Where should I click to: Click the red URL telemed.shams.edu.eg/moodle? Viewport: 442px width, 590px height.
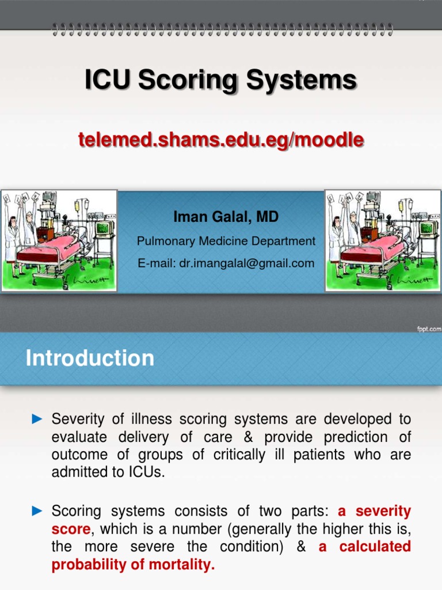[x=221, y=139]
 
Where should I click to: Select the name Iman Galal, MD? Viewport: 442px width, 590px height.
[x=226, y=217]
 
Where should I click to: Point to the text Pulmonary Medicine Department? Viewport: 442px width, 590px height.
[x=226, y=241]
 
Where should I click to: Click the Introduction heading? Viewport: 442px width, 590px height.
[x=90, y=358]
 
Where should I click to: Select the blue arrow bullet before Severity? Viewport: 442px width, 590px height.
[x=37, y=419]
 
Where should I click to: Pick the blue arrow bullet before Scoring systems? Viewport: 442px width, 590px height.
[x=37, y=510]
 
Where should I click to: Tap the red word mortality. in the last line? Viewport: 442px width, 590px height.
[x=185, y=565]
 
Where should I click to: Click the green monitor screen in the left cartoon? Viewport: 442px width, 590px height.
[x=104, y=228]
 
